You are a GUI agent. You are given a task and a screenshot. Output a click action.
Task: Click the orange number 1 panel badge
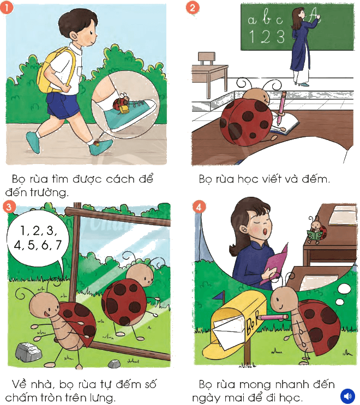[7, 7]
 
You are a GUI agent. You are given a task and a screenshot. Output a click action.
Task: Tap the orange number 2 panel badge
[193, 8]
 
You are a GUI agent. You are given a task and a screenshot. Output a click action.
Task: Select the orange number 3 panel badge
[9, 207]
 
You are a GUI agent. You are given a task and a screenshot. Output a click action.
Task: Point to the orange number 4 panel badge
[199, 207]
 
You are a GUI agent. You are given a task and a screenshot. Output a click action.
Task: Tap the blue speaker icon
[347, 396]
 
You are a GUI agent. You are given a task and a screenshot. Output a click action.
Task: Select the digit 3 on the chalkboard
[280, 37]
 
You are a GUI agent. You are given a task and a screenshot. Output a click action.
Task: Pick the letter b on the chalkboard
[266, 17]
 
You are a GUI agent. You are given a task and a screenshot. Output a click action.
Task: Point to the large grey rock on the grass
[29, 351]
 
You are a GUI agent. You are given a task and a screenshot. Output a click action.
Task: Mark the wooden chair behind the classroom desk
[207, 59]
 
